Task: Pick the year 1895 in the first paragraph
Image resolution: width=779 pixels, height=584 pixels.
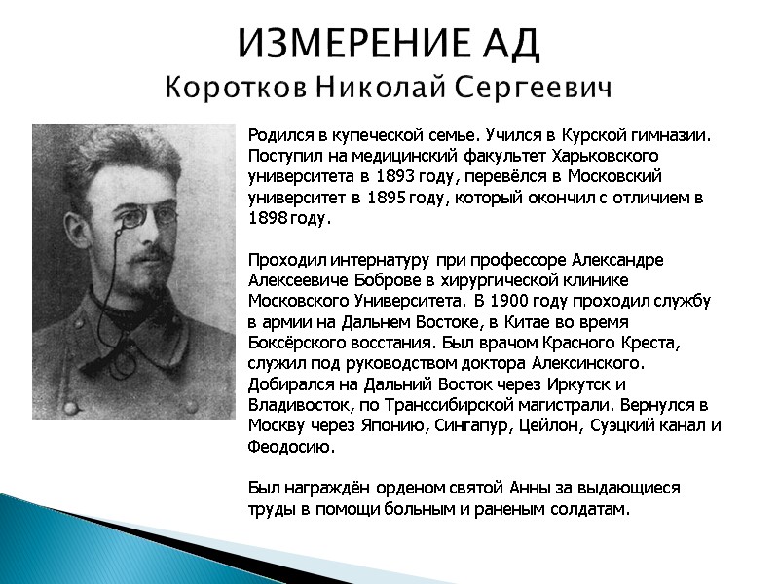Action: point(390,198)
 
